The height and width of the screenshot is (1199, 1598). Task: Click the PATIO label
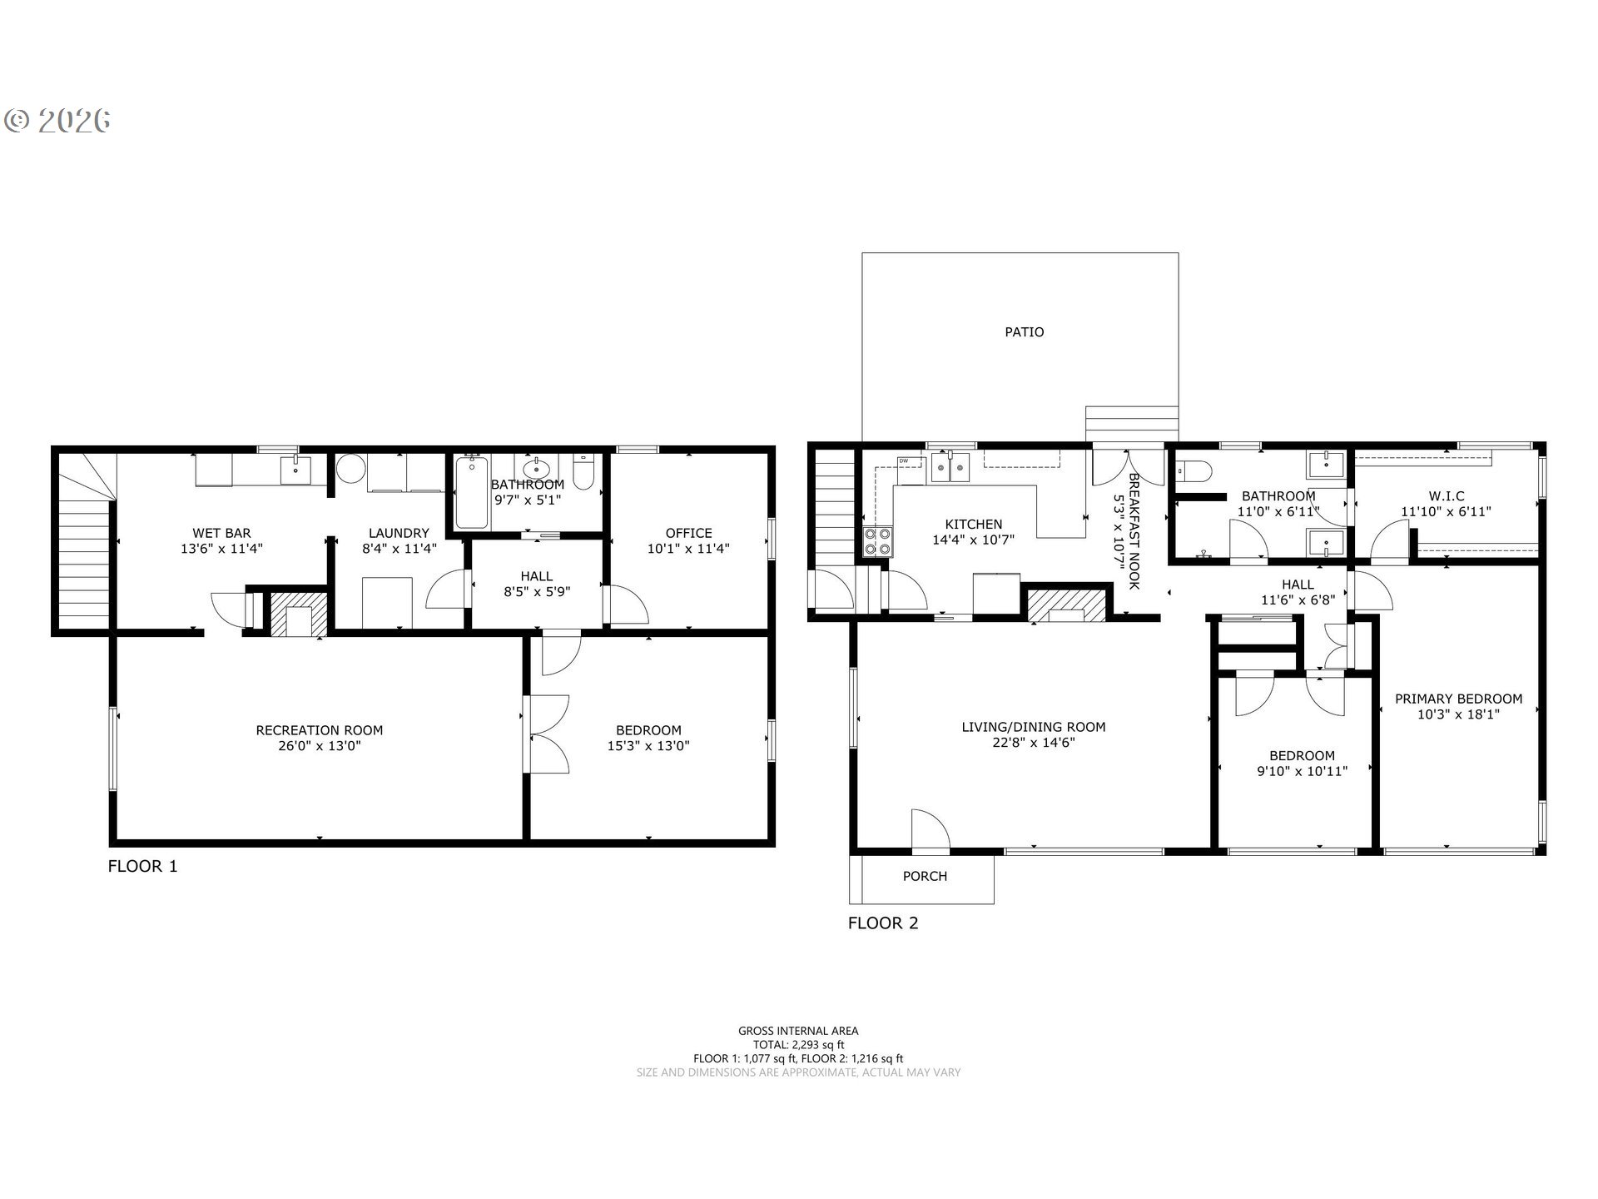tap(1024, 332)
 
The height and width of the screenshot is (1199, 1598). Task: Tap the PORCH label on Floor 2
tap(925, 876)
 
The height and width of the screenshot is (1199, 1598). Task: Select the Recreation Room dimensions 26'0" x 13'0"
tap(320, 746)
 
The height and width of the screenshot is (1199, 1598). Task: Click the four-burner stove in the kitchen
tap(878, 541)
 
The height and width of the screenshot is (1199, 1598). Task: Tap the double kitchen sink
tap(952, 467)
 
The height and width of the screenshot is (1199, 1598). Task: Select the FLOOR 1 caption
tap(142, 866)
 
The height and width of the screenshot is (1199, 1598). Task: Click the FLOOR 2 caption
tap(883, 923)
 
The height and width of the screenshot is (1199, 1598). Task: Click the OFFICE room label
tap(688, 533)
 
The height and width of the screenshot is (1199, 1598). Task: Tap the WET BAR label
tap(221, 533)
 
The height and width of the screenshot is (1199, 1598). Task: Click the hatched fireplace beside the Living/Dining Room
tap(1068, 604)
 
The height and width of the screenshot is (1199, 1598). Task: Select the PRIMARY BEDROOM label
tap(1458, 699)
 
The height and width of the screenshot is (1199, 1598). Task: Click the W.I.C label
tap(1446, 496)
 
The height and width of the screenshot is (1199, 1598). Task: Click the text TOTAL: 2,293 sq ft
tap(798, 1044)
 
